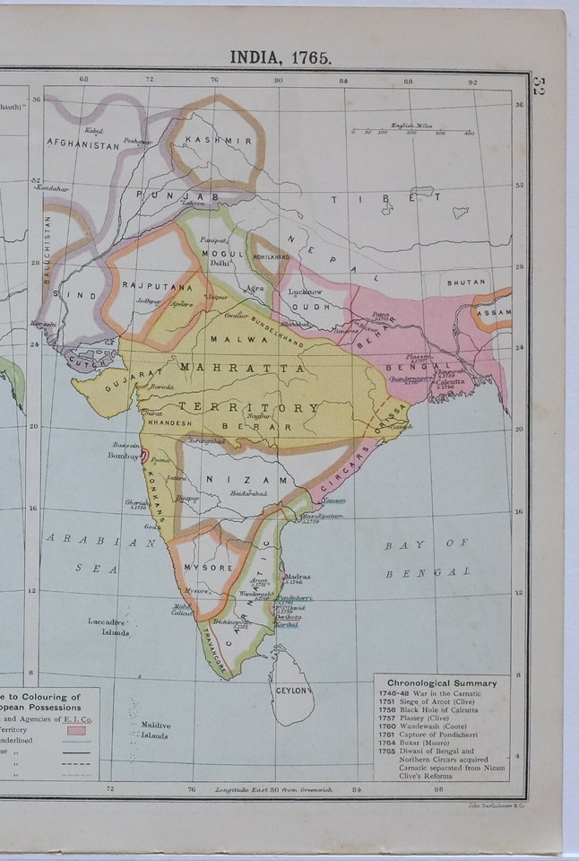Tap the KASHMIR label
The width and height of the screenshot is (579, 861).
(x=218, y=141)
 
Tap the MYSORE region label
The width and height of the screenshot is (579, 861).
(x=208, y=568)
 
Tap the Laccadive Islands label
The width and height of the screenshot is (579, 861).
(x=109, y=626)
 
